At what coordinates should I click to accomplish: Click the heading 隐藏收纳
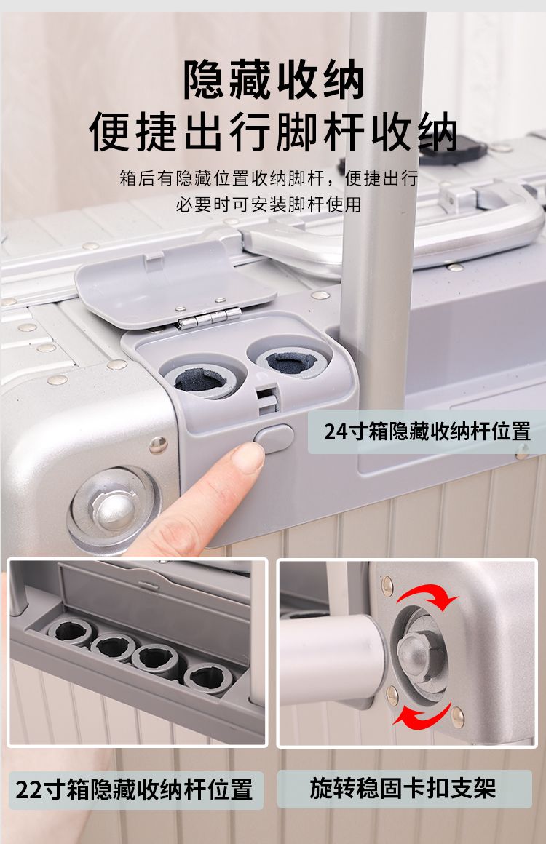(x=274, y=79)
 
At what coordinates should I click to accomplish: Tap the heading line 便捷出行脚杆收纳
(x=273, y=132)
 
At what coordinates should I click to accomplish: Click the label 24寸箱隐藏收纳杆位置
(x=427, y=431)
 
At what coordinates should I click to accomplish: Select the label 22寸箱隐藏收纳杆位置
(x=134, y=790)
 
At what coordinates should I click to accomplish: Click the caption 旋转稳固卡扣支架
(x=403, y=789)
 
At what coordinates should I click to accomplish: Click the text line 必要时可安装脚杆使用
(x=268, y=204)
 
